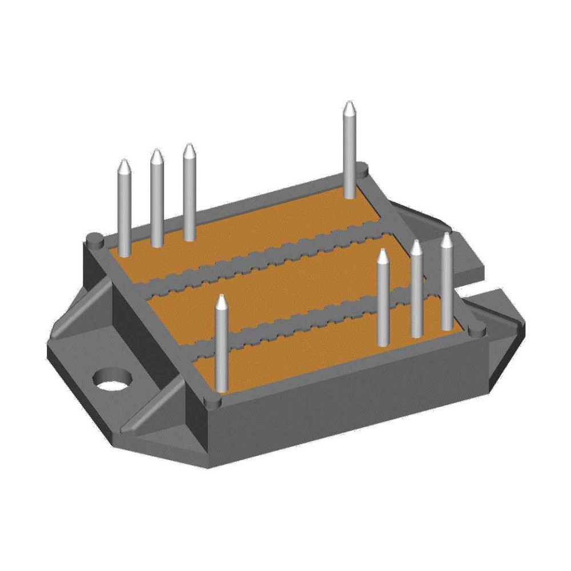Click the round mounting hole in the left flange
tap(111, 379)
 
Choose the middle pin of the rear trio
tap(156, 200)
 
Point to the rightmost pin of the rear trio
tap(190, 194)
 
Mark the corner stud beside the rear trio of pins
tap(95, 238)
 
